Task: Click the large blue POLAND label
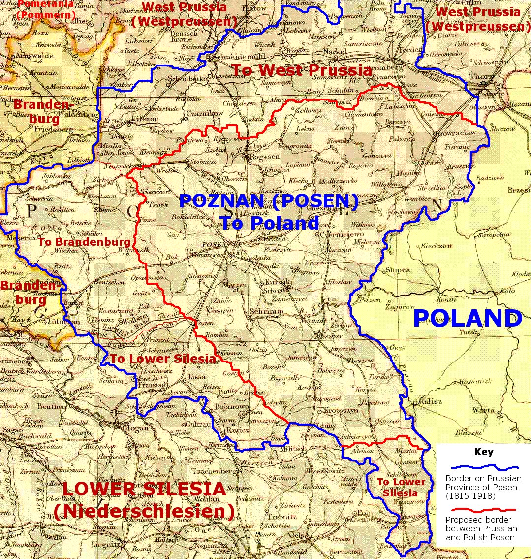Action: click(467, 319)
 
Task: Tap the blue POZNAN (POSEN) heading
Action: click(268, 201)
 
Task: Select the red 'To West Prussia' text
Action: click(301, 70)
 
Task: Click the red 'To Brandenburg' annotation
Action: click(84, 242)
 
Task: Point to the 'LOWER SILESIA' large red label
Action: click(144, 490)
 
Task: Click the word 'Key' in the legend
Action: click(483, 452)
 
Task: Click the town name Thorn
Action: click(481, 77)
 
